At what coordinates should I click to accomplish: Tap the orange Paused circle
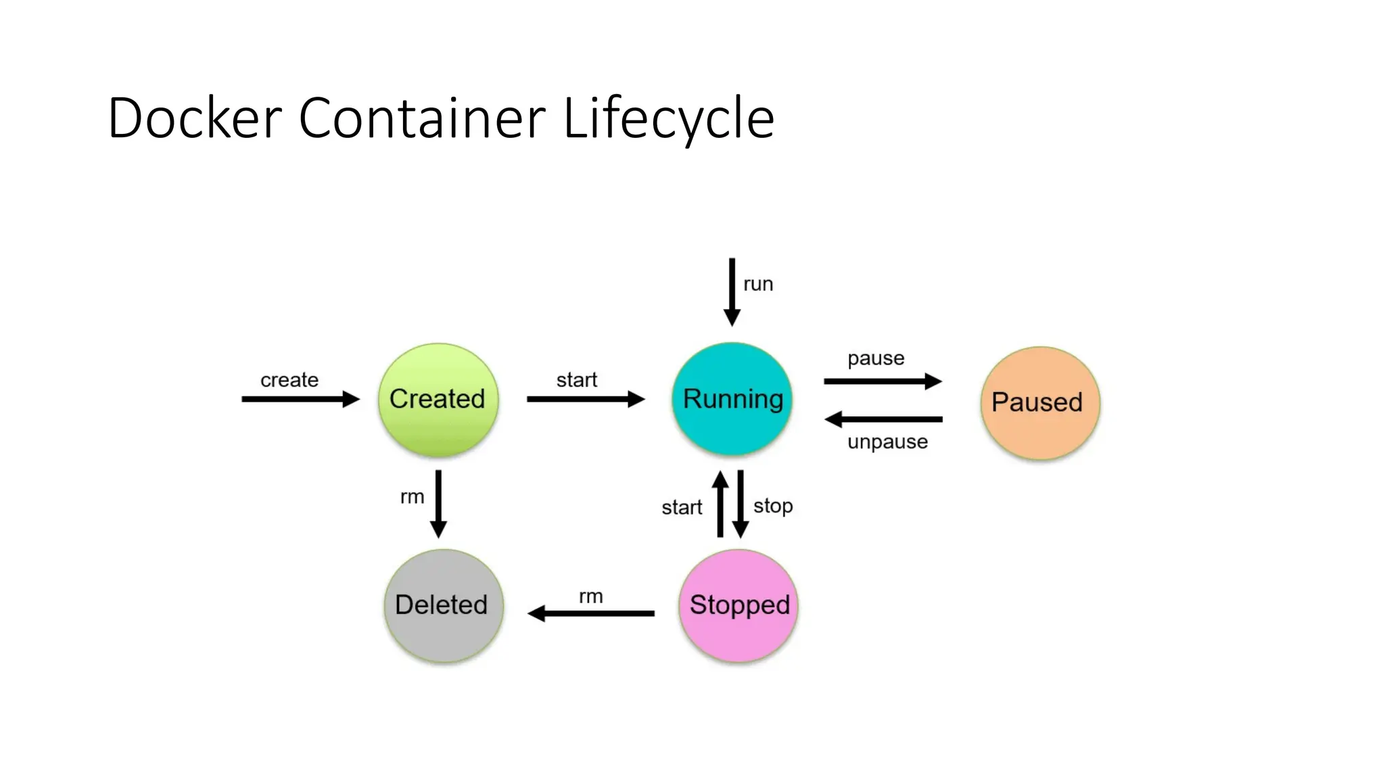(x=1039, y=403)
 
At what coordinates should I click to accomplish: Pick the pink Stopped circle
(x=738, y=605)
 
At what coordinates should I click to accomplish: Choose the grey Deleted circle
(x=443, y=605)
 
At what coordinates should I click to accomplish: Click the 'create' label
(x=289, y=380)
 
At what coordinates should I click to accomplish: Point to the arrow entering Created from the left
(x=300, y=399)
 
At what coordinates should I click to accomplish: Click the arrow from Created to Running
(x=585, y=399)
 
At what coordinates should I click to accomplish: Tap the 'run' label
(x=758, y=285)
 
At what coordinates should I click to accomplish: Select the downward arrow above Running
(x=732, y=292)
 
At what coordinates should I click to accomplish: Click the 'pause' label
(x=876, y=358)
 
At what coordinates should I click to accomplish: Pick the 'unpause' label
(x=887, y=442)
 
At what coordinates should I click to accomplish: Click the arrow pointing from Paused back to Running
(x=883, y=419)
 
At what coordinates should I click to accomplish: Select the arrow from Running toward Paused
(x=883, y=381)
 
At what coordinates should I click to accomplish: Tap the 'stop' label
(x=773, y=506)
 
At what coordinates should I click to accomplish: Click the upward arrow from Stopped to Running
(x=721, y=504)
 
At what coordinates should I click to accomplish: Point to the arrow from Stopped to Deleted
(x=591, y=613)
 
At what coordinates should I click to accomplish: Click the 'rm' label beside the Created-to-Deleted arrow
(x=412, y=497)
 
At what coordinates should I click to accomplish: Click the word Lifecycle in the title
(x=668, y=118)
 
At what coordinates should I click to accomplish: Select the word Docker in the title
(x=195, y=118)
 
